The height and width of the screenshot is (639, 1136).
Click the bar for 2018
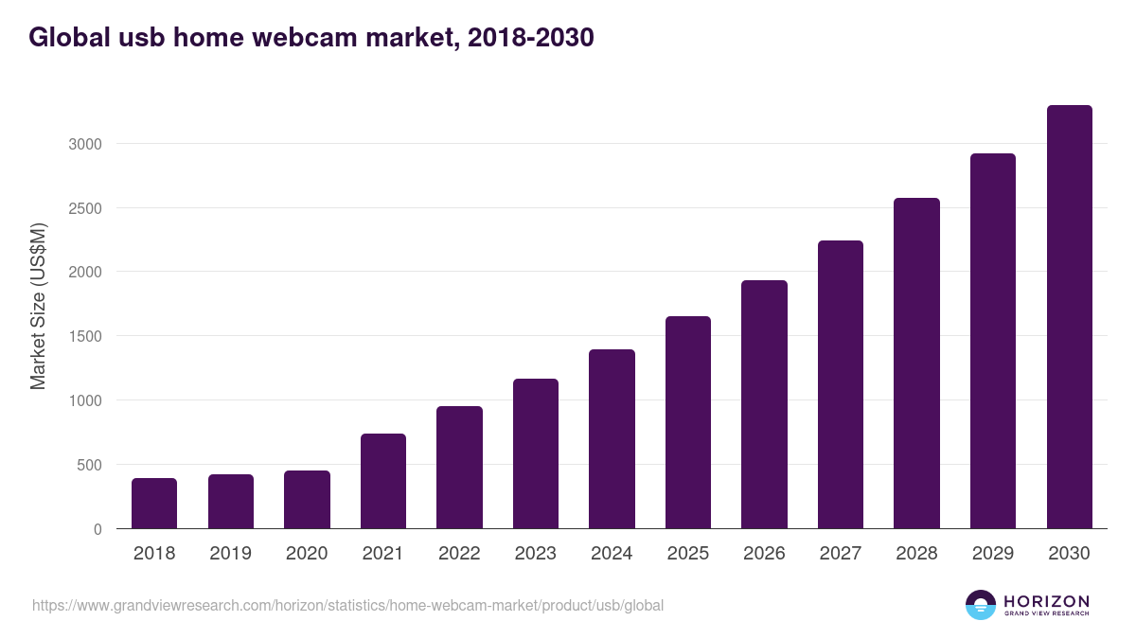154,504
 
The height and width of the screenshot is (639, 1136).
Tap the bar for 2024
612,439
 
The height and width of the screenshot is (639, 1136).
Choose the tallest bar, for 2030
1069,317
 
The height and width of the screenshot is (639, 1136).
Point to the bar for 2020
307,500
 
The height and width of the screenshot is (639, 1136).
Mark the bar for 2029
993,341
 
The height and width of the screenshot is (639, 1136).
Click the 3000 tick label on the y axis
84,144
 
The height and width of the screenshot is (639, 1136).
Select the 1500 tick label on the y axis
84,336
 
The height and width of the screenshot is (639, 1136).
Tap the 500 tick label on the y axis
89,465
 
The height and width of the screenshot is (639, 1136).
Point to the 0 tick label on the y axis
98,529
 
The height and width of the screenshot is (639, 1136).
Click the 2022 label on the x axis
459,554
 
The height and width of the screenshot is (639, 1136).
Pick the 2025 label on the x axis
688,554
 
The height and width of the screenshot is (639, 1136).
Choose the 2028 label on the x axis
916,554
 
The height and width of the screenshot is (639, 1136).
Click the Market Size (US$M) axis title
38,306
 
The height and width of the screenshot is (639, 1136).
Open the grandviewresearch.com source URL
347,605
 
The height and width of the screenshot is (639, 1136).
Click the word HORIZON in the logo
1046,601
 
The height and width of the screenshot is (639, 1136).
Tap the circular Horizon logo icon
981,605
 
